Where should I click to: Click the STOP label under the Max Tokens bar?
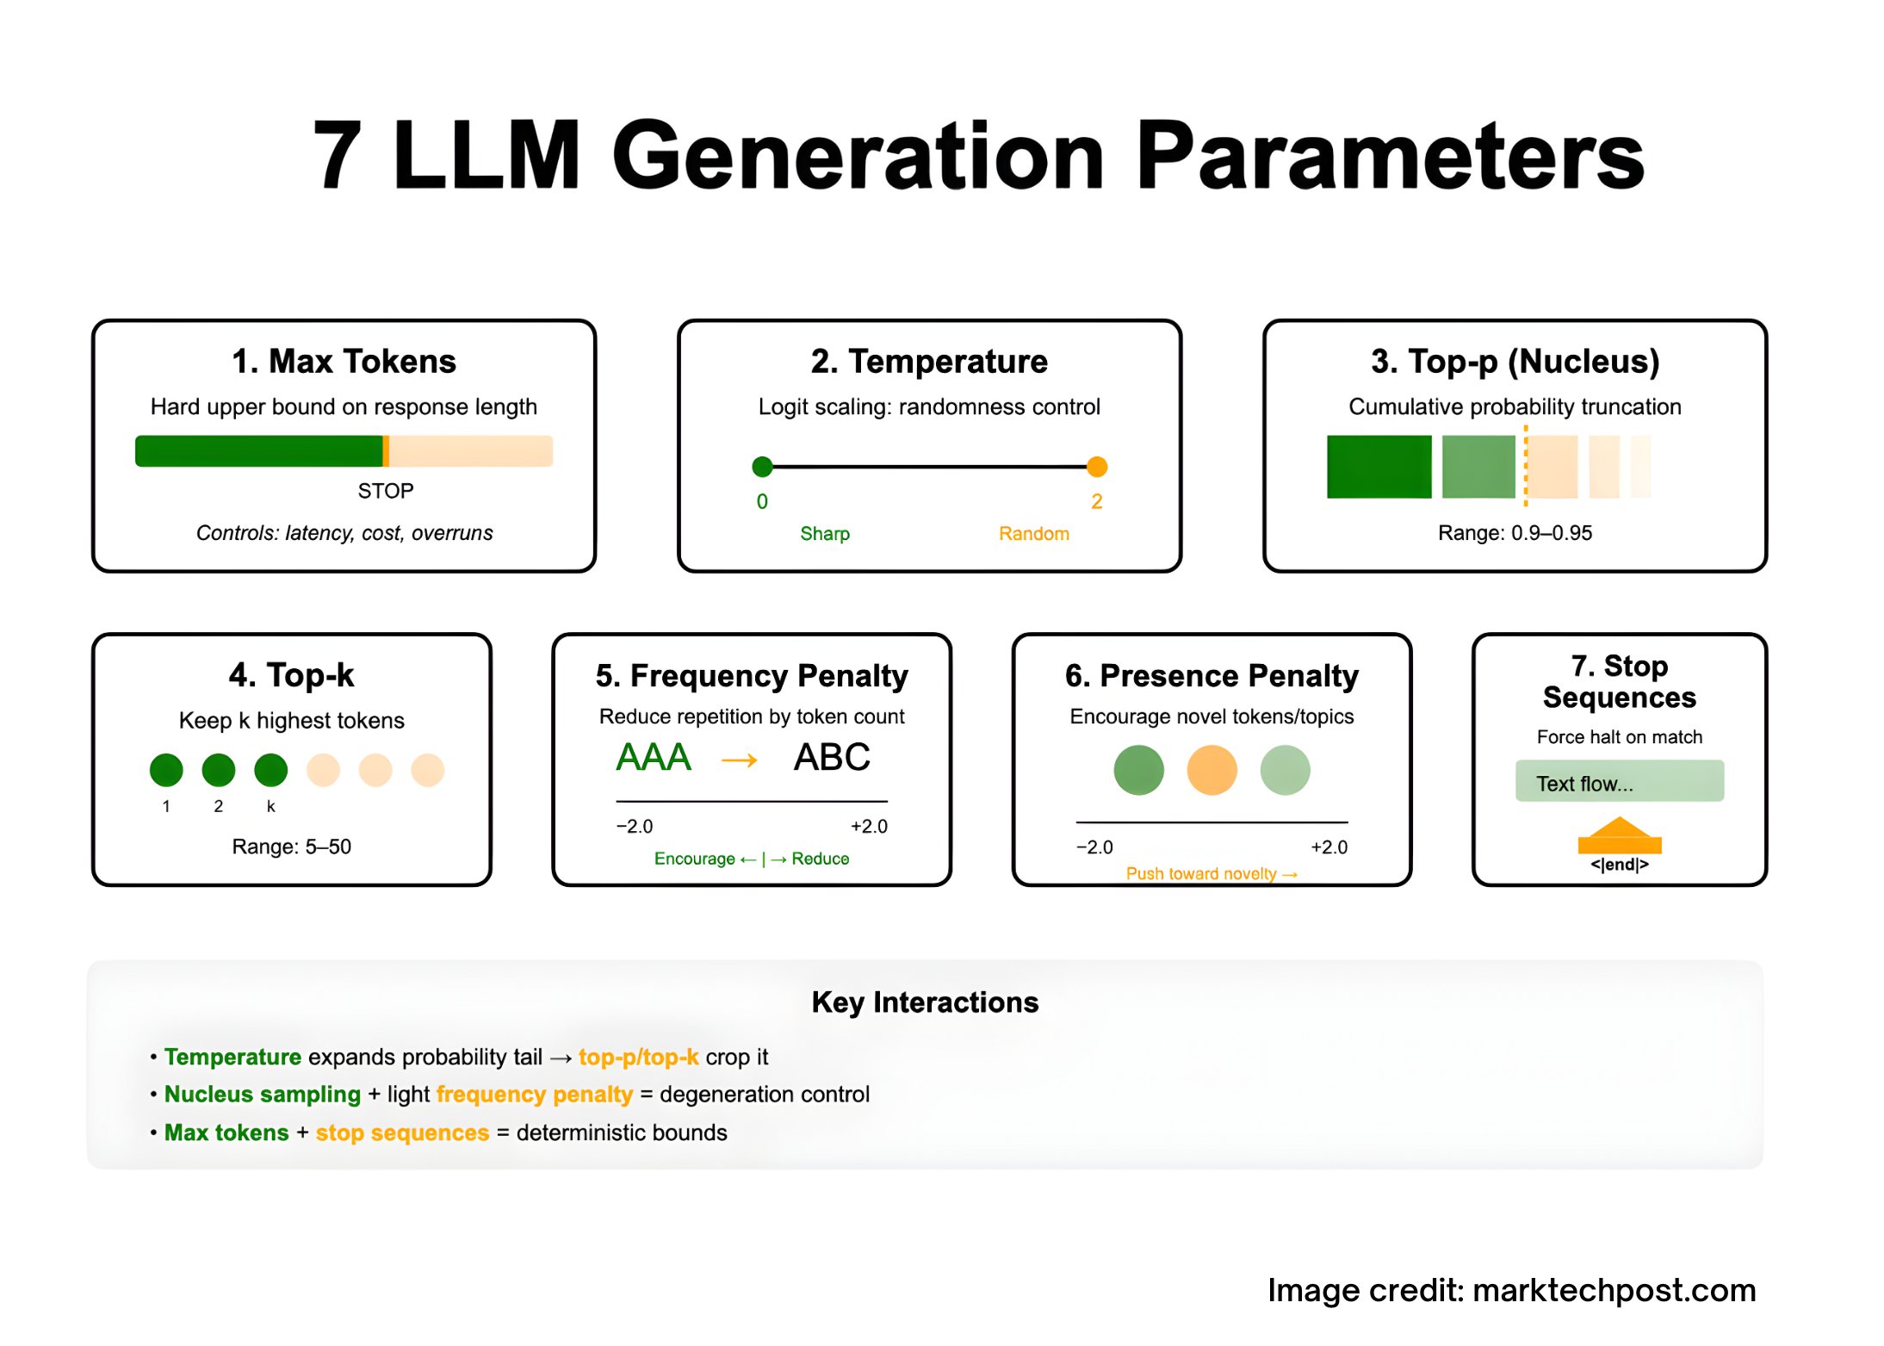point(386,491)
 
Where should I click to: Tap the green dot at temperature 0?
point(762,467)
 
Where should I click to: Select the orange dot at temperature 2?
point(1096,467)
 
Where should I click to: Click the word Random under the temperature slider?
point(1033,534)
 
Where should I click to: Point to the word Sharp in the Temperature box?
point(824,534)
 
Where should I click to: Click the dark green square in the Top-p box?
point(1379,467)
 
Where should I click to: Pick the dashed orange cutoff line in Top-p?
point(1526,467)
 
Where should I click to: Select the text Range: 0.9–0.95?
point(1515,533)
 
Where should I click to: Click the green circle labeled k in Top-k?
point(270,770)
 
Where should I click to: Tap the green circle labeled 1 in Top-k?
point(166,770)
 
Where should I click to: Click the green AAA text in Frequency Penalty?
point(654,758)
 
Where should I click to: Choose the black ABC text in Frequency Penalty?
point(832,758)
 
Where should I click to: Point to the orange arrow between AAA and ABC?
point(739,760)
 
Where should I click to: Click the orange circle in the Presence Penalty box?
point(1212,770)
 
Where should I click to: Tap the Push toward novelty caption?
point(1211,873)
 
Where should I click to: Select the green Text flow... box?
point(1619,782)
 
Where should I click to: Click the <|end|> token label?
point(1619,865)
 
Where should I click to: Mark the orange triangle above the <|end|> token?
point(1620,829)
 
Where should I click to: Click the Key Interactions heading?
point(925,1002)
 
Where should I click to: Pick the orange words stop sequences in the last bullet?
point(402,1132)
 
